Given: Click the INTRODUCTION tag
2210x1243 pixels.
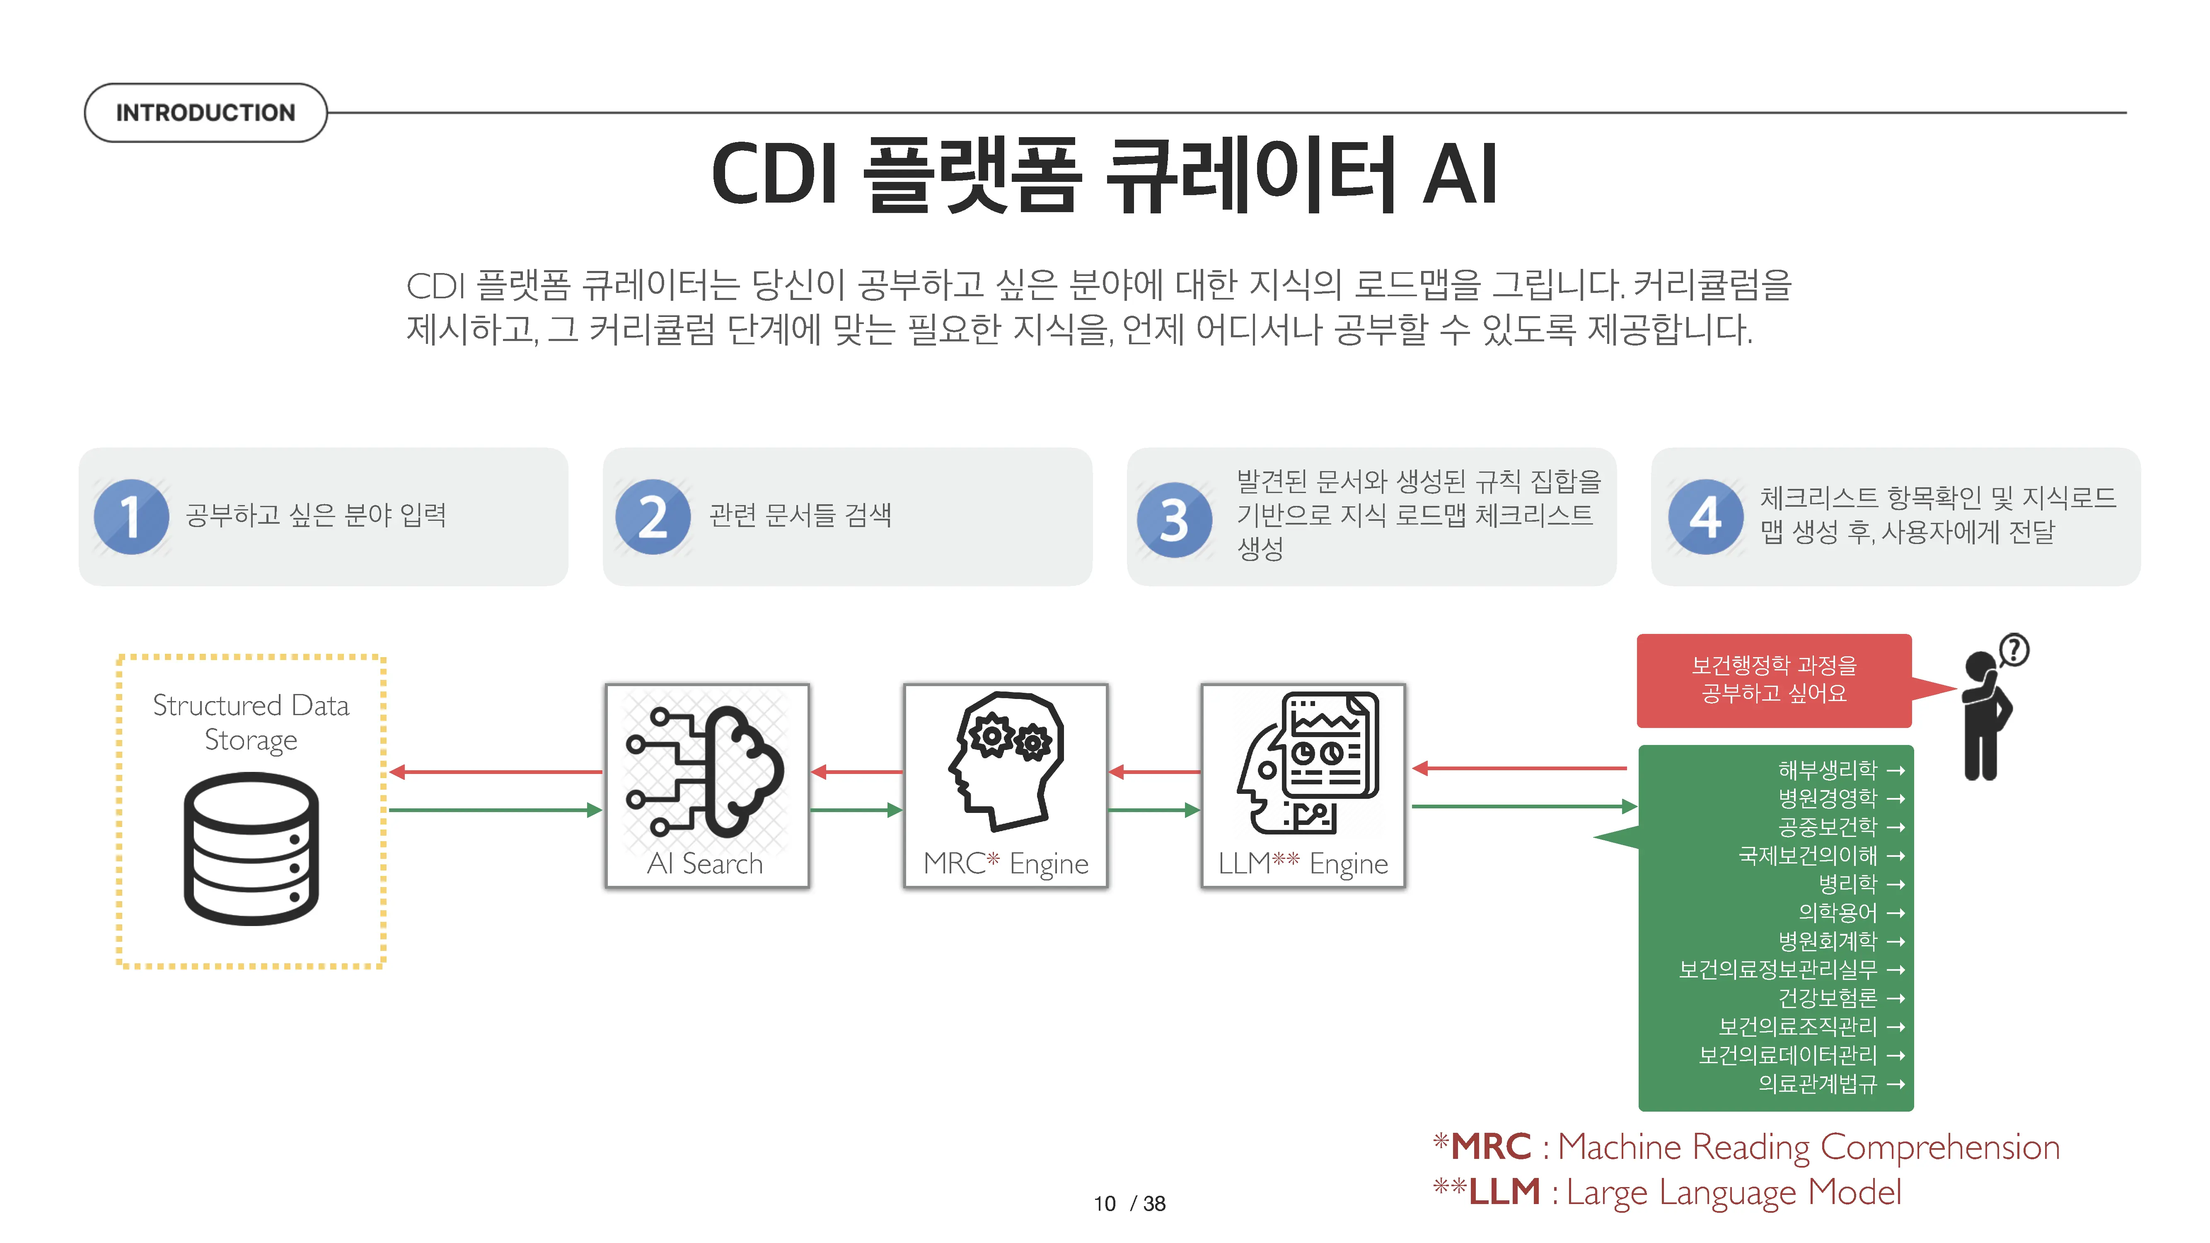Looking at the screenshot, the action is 205,112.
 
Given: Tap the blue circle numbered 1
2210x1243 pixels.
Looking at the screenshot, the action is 131,516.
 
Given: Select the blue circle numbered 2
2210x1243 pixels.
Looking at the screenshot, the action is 653,516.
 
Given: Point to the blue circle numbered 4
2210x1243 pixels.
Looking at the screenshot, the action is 1705,516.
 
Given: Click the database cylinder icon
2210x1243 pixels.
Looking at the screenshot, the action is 251,849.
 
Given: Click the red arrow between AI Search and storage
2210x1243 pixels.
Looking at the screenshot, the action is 496,772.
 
